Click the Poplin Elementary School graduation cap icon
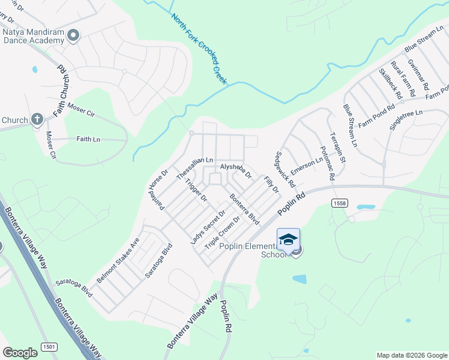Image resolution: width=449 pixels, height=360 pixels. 288,239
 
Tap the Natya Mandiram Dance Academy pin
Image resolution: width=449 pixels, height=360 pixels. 74,36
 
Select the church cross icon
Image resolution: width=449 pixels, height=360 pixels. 37,119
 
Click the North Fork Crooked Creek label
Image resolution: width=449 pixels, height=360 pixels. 199,49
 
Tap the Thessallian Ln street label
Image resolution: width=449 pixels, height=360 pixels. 195,168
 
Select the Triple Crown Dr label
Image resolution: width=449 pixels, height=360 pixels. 222,233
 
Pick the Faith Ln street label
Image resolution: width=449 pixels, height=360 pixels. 88,139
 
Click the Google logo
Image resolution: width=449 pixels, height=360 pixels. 20,353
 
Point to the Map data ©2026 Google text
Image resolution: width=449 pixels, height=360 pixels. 411,355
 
